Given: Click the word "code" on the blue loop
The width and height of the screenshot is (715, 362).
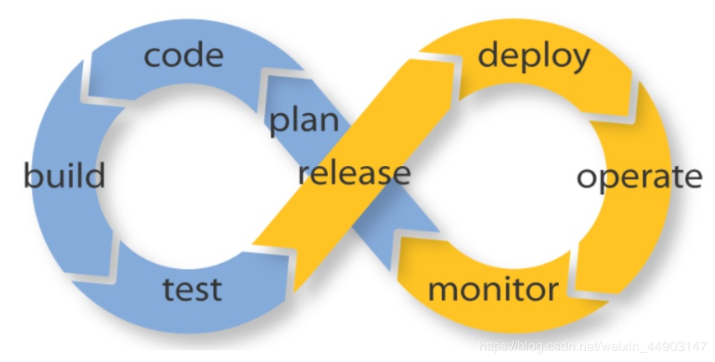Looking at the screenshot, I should tap(184, 56).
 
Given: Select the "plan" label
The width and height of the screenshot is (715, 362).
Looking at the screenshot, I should tap(303, 120).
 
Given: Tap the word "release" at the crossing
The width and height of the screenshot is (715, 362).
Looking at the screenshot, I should tap(355, 173).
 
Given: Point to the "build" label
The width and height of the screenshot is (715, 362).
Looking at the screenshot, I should tap(65, 176).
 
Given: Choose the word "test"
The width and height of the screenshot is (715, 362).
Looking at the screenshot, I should tap(192, 288).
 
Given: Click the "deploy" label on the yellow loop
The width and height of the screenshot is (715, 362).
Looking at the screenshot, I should tap(534, 58).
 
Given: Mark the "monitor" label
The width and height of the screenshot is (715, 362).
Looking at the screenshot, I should tap(493, 290).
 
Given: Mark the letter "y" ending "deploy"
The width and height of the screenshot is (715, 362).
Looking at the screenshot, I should tap(580, 61).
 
